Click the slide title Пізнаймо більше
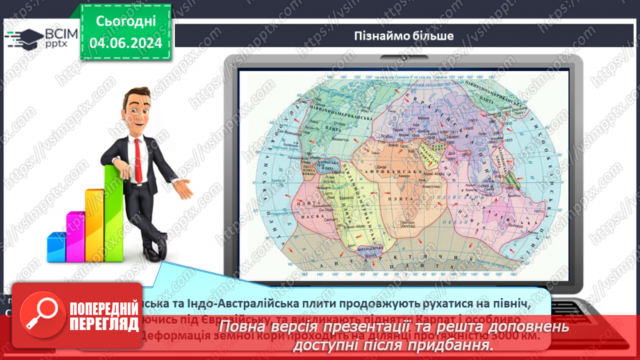(408, 35)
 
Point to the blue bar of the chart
(56, 247)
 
